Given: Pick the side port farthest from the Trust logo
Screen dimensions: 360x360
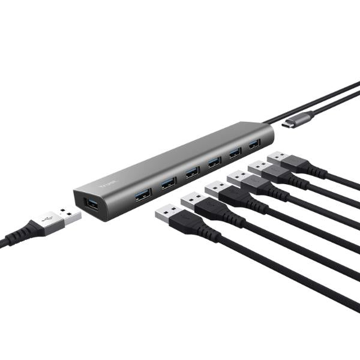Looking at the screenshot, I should coord(254,144).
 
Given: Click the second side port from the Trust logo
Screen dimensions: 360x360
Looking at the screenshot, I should coord(169,182).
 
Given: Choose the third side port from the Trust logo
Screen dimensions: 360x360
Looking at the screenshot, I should coord(192,172).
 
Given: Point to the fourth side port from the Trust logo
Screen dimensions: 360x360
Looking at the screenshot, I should coord(214,162).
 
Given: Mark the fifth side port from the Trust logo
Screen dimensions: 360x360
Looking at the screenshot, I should coord(235,152).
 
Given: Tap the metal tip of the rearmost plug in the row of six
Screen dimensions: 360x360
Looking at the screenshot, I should coord(278,157).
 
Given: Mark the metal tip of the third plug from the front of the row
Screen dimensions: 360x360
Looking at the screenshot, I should coord(216,188).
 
